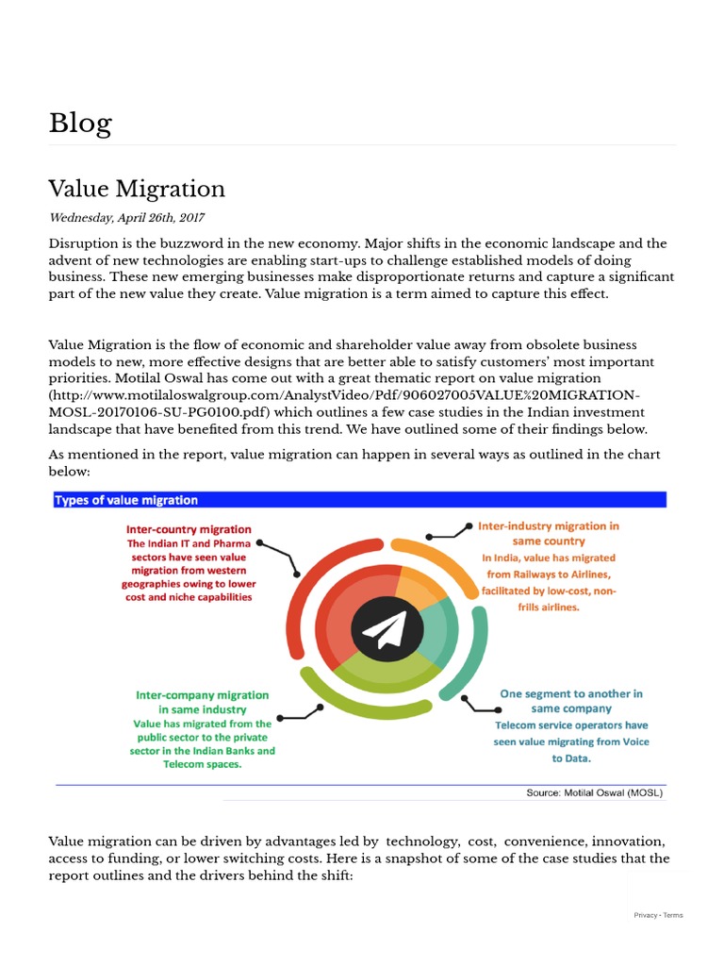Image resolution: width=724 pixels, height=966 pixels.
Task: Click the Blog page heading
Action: pyautogui.click(x=80, y=124)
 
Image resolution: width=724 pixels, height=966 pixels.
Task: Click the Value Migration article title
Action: pyautogui.click(x=137, y=189)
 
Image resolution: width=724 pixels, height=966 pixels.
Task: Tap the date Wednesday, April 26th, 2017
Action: pyautogui.click(x=126, y=218)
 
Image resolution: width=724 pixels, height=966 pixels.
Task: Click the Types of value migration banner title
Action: pyautogui.click(x=126, y=500)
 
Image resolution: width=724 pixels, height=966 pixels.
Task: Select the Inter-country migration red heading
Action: pyautogui.click(x=189, y=529)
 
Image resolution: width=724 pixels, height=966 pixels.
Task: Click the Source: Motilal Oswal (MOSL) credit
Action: pyautogui.click(x=594, y=793)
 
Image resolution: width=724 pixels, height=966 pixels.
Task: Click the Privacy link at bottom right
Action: pyautogui.click(x=645, y=915)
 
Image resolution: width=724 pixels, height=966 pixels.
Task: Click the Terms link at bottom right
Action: pyautogui.click(x=673, y=915)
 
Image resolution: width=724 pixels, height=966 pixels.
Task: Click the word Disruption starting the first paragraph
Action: pyautogui.click(x=82, y=243)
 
